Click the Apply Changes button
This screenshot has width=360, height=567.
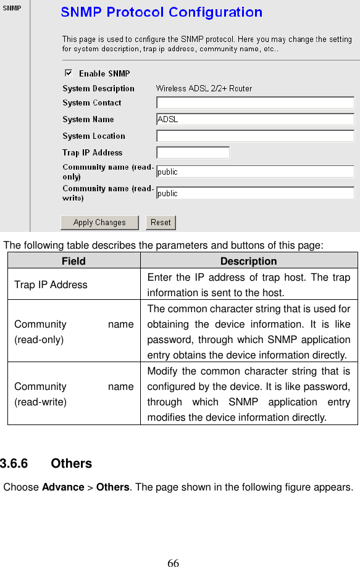pyautogui.click(x=99, y=223)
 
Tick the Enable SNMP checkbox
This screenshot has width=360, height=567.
pyautogui.click(x=68, y=73)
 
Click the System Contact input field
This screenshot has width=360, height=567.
pyautogui.click(x=255, y=102)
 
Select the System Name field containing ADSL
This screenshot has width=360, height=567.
pyautogui.click(x=255, y=119)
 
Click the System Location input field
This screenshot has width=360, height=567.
pyautogui.click(x=255, y=136)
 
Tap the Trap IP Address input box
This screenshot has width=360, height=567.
pyautogui.click(x=193, y=152)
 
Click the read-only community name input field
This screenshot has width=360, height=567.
pyautogui.click(x=255, y=172)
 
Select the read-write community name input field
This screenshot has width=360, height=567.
pyautogui.click(x=255, y=193)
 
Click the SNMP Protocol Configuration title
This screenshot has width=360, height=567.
pyautogui.click(x=161, y=12)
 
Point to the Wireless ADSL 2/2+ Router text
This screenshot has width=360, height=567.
pyautogui.click(x=204, y=88)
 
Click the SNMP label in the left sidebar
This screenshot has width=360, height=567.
pyautogui.click(x=12, y=8)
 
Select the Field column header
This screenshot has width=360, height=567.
pyautogui.click(x=73, y=261)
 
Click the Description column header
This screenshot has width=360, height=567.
pyautogui.click(x=248, y=261)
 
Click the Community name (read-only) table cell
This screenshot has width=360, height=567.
pyautogui.click(x=73, y=332)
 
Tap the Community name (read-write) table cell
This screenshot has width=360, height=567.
pyautogui.click(x=73, y=394)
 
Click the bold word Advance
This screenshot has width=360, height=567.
pyautogui.click(x=62, y=487)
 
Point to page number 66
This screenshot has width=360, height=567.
pyautogui.click(x=174, y=563)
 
